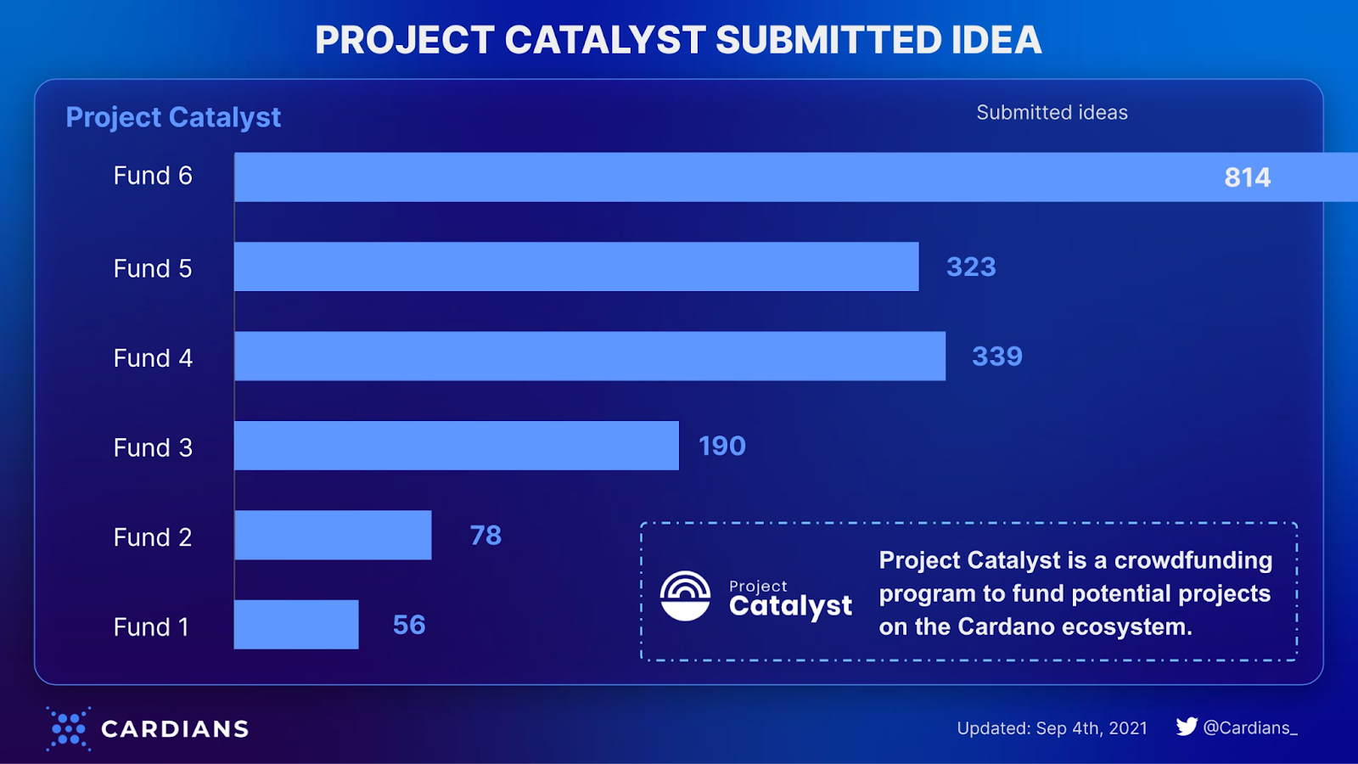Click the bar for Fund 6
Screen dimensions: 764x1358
coord(721,177)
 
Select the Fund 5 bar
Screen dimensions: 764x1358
coord(576,267)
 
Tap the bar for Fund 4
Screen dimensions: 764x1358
coord(590,356)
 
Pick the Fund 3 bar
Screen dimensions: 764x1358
coord(457,446)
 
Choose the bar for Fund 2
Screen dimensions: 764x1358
coord(333,535)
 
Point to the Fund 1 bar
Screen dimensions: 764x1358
coord(296,625)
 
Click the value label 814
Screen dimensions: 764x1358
coord(1247,177)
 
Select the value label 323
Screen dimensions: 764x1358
coord(971,267)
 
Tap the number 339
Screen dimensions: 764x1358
coord(997,357)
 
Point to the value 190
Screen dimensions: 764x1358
coord(721,446)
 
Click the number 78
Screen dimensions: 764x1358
coord(485,536)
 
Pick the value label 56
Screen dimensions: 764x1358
coord(409,625)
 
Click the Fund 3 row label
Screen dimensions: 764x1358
coord(153,447)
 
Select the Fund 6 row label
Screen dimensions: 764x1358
coord(153,176)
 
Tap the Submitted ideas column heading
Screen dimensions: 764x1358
coord(1052,112)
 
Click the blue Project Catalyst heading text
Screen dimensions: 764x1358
coord(173,117)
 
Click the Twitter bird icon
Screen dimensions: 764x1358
coord(1187,727)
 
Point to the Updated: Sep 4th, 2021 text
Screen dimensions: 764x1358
coord(1052,728)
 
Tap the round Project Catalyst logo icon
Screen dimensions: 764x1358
coord(685,596)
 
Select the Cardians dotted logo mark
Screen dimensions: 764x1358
coord(68,728)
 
